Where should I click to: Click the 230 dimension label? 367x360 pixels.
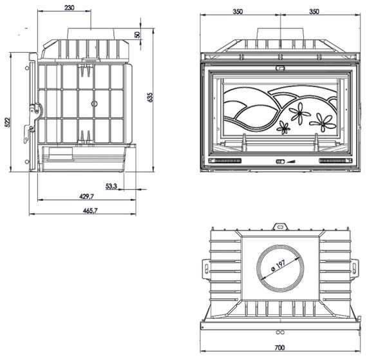point(70,8)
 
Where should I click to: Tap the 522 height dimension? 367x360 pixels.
point(8,122)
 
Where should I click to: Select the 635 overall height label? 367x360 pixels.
point(150,97)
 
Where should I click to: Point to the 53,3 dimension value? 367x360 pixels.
point(111,186)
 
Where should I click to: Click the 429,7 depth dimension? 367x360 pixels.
point(86,196)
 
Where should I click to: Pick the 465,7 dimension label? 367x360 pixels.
point(90,211)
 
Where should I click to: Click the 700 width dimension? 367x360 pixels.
point(279,348)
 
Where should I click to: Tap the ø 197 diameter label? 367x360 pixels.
point(279,265)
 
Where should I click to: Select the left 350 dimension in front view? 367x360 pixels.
point(238,12)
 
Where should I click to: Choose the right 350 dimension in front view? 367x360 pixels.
point(314,12)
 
